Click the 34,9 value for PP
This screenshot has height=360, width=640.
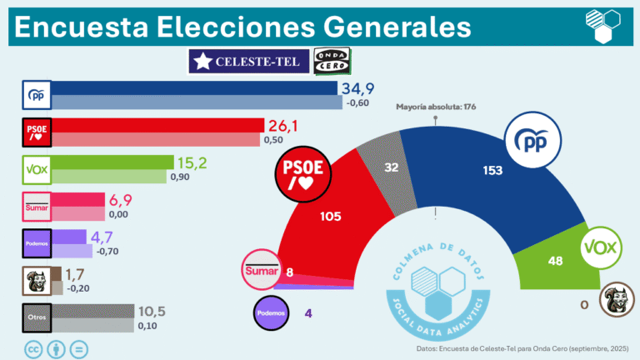[x=360, y=88]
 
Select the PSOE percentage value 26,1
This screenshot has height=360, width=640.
[x=287, y=125]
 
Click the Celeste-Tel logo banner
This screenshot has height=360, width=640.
[x=247, y=61]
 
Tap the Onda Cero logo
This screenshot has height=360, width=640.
[x=332, y=61]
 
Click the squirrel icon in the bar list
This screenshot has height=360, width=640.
[x=36, y=281]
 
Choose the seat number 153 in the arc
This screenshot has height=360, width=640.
[x=492, y=171]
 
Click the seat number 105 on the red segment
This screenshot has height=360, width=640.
[x=331, y=216]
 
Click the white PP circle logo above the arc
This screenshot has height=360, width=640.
[x=532, y=142]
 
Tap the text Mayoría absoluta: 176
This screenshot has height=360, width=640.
[x=435, y=107]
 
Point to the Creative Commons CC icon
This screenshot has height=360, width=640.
[x=35, y=348]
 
